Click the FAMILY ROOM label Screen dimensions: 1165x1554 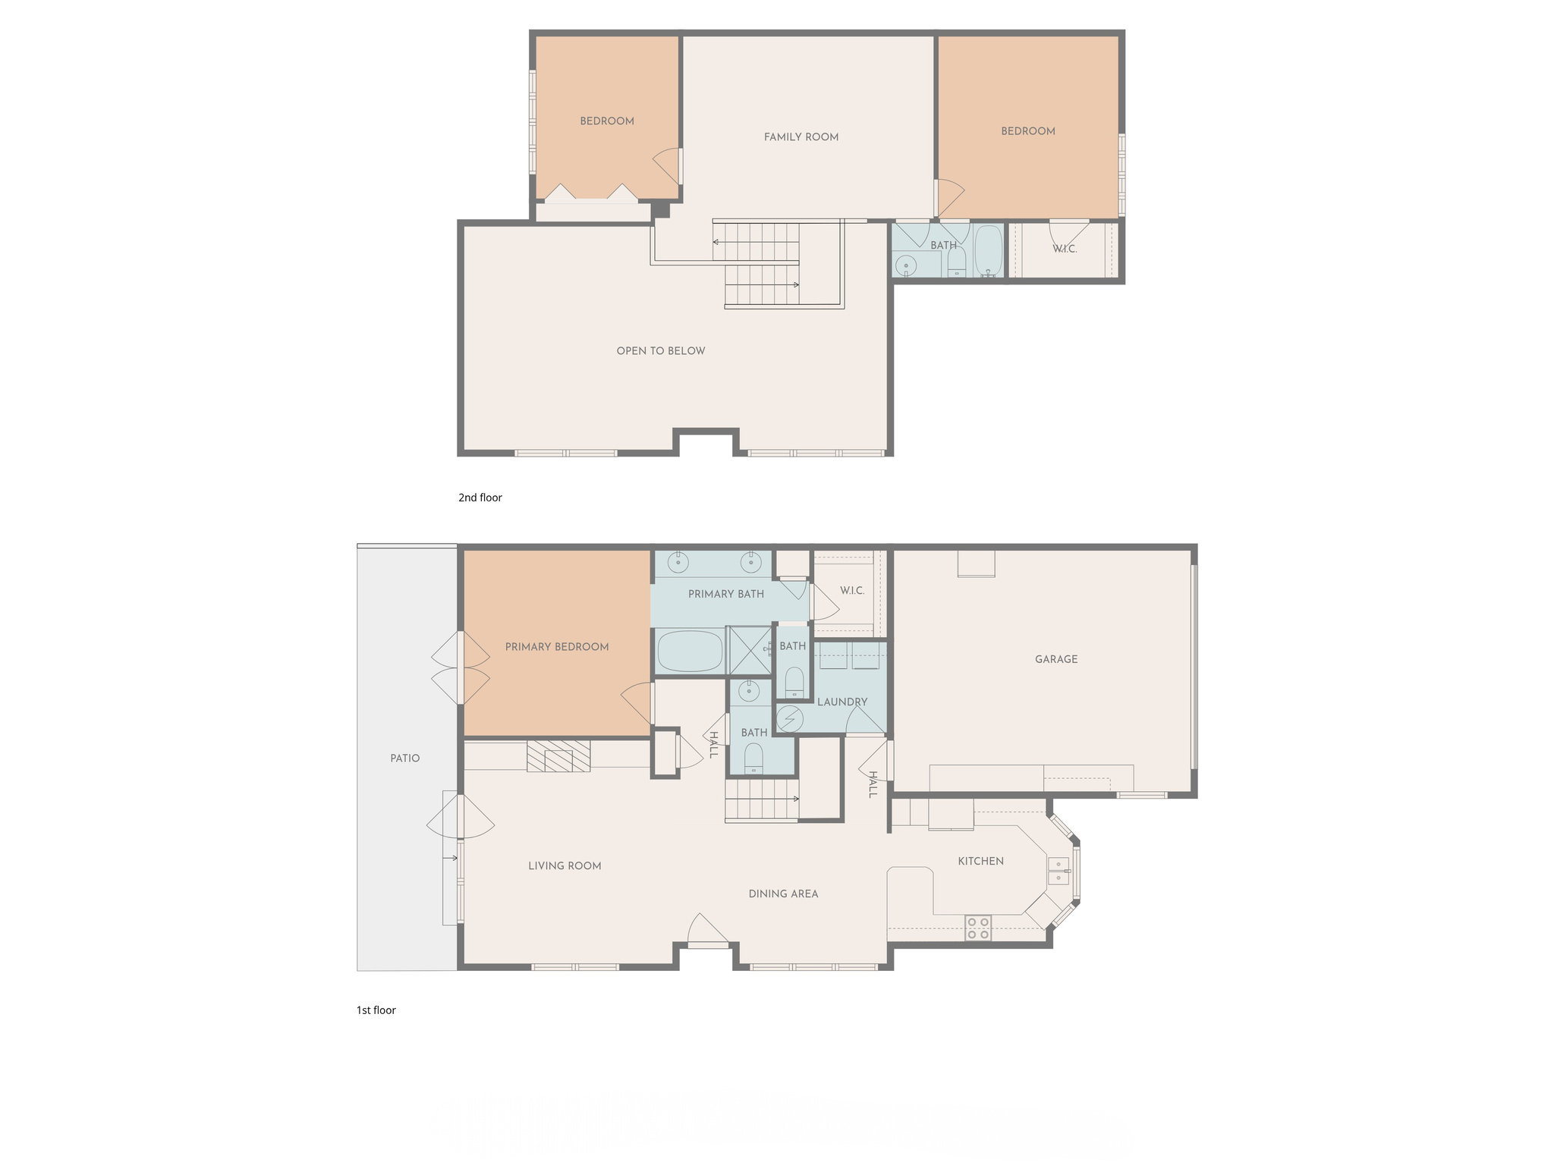point(801,137)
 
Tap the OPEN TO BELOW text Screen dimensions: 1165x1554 point(661,351)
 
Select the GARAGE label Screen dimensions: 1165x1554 point(1056,660)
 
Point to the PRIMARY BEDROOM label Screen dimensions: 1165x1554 point(557,647)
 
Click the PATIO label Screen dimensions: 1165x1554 point(405,758)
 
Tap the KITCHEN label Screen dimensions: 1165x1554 point(981,862)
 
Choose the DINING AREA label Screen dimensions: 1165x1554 point(783,894)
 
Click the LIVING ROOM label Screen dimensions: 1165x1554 point(565,866)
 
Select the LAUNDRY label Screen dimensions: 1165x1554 point(842,702)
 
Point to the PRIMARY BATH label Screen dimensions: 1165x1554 point(726,594)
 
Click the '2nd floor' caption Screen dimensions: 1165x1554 point(480,498)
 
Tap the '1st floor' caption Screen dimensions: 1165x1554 point(376,1010)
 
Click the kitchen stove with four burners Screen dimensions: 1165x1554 point(978,928)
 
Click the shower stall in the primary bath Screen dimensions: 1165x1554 point(749,650)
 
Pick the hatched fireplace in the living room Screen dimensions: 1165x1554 point(558,756)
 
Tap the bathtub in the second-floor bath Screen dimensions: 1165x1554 point(989,250)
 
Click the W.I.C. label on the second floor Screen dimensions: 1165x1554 point(1065,250)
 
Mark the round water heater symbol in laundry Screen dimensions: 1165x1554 point(789,718)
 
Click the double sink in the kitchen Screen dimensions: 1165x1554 point(1059,871)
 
